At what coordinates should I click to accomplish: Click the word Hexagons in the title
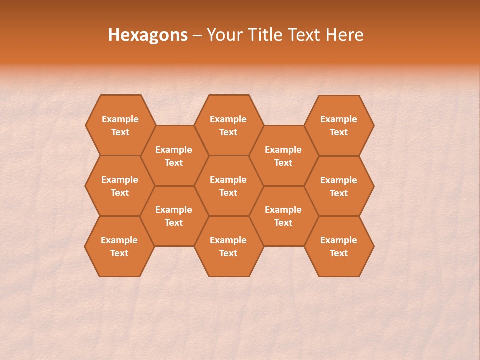click(148, 35)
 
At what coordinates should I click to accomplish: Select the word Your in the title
click(223, 35)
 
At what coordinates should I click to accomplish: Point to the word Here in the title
click(344, 35)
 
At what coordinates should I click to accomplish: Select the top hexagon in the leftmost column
click(120, 125)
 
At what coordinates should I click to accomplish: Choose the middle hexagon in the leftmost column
click(120, 186)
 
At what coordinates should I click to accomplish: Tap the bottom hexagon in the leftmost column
click(119, 246)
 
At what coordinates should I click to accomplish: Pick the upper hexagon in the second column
click(174, 156)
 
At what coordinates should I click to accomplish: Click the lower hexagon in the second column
click(174, 216)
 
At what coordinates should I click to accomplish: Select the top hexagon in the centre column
click(228, 125)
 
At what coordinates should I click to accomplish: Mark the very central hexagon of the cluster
click(228, 186)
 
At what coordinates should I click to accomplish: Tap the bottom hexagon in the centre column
click(228, 246)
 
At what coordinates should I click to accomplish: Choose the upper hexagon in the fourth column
click(283, 156)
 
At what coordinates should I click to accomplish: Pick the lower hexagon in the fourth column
click(283, 216)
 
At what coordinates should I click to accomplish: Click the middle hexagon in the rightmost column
click(339, 186)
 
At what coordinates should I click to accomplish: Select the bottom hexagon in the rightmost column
click(339, 246)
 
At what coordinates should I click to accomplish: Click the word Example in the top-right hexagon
click(339, 119)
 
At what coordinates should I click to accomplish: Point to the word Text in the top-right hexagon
click(339, 132)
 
